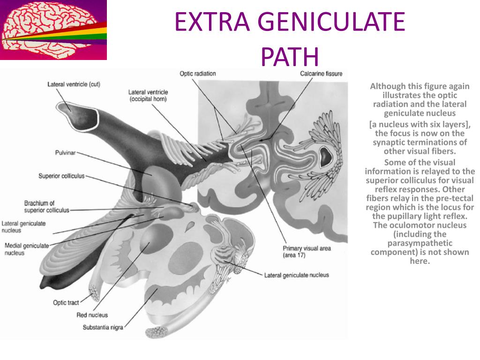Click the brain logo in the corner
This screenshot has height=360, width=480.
coord(53,30)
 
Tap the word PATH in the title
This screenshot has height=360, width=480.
coord(290,57)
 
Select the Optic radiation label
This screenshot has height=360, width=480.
coord(198,74)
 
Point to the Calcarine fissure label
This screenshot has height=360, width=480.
coord(321,74)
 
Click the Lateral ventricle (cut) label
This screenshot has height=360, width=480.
coord(74,84)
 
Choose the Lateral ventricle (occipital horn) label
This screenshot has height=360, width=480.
coord(148,96)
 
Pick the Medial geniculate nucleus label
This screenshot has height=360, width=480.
coord(26,249)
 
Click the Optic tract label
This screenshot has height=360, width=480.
coord(66,303)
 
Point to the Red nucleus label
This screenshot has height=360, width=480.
coord(92,315)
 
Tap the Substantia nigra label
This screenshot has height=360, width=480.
coord(103,327)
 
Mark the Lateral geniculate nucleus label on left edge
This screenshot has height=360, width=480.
coord(23,227)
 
